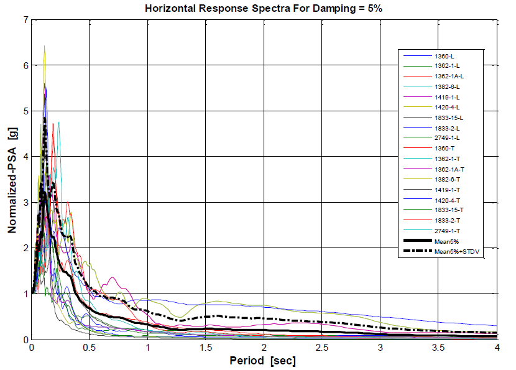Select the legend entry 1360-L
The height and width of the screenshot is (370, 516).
point(445,56)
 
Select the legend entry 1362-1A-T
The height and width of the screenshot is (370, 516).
point(449,169)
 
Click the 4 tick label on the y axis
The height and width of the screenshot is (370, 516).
point(25,157)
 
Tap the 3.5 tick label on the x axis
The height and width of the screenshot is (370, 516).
point(438,347)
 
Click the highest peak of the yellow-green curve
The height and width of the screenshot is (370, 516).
point(44,46)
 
